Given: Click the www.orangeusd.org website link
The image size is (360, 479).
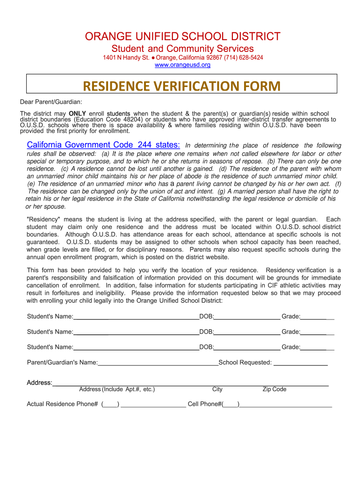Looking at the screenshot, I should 182,65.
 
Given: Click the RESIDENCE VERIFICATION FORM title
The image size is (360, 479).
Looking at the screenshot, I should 182,87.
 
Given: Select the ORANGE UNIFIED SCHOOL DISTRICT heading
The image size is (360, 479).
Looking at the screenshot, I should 182,36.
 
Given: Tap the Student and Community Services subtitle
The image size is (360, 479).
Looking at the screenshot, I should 182,49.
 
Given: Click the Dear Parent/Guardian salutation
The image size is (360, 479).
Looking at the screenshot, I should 51,102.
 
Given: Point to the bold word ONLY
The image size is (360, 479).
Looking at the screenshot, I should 77,114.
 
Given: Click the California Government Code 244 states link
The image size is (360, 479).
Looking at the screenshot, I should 103,145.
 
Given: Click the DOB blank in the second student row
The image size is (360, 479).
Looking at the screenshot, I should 247,332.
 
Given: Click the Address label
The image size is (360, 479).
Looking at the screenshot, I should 39,383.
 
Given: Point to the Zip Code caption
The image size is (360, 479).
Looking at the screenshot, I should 274,389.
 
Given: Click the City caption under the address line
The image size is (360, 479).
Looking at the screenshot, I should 217,389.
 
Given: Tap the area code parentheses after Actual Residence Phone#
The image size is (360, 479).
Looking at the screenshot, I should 110,404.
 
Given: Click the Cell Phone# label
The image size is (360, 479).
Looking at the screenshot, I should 204,404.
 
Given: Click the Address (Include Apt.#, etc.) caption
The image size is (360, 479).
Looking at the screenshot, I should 117,389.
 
